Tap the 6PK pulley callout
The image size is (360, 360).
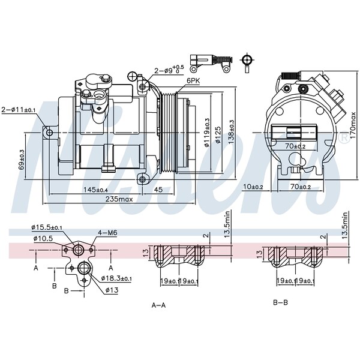coord(193,80)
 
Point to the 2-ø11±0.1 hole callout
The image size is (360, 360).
coord(19,110)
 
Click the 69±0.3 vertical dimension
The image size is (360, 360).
coord(22,160)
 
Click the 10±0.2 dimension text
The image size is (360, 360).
coord(254,187)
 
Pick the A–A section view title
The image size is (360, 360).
coord(158,305)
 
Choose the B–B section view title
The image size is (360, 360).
coord(280,302)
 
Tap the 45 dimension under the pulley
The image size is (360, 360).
coord(159,190)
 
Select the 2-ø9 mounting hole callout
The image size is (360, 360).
coord(168,70)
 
